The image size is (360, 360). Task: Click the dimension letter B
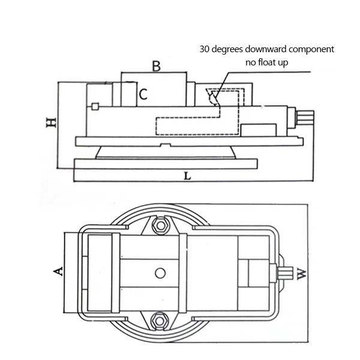[156, 66]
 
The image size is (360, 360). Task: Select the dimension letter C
[143, 94]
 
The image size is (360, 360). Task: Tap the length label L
[187, 177]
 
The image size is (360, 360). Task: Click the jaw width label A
[59, 272]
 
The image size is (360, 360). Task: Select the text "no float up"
[269, 62]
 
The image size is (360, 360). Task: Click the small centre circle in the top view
[159, 274]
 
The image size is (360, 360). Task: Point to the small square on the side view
[95, 107]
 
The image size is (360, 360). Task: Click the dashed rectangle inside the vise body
[192, 125]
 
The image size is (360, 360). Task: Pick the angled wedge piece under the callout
[213, 96]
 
